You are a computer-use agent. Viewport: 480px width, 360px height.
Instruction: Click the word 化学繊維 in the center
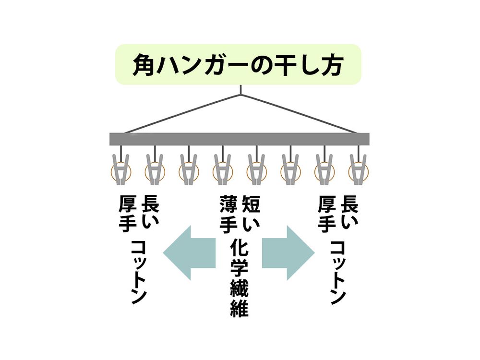point(239,278)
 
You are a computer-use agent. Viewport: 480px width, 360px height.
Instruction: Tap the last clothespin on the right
point(358,169)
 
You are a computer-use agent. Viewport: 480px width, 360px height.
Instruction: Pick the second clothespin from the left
point(154,169)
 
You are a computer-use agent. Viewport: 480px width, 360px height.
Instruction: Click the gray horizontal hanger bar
point(240,139)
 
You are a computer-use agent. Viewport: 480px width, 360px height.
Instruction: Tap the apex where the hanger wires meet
point(240,94)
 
